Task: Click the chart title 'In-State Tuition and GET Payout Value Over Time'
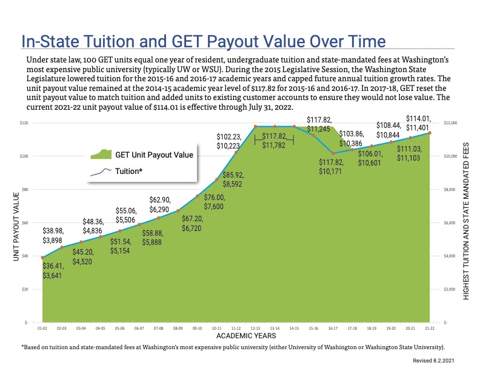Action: [x=203, y=41]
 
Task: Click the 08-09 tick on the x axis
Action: [x=178, y=327]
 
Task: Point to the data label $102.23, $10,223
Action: [x=231, y=142]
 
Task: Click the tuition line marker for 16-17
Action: [x=333, y=153]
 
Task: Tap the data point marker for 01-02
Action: [x=42, y=258]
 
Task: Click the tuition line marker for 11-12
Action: [x=236, y=152]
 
